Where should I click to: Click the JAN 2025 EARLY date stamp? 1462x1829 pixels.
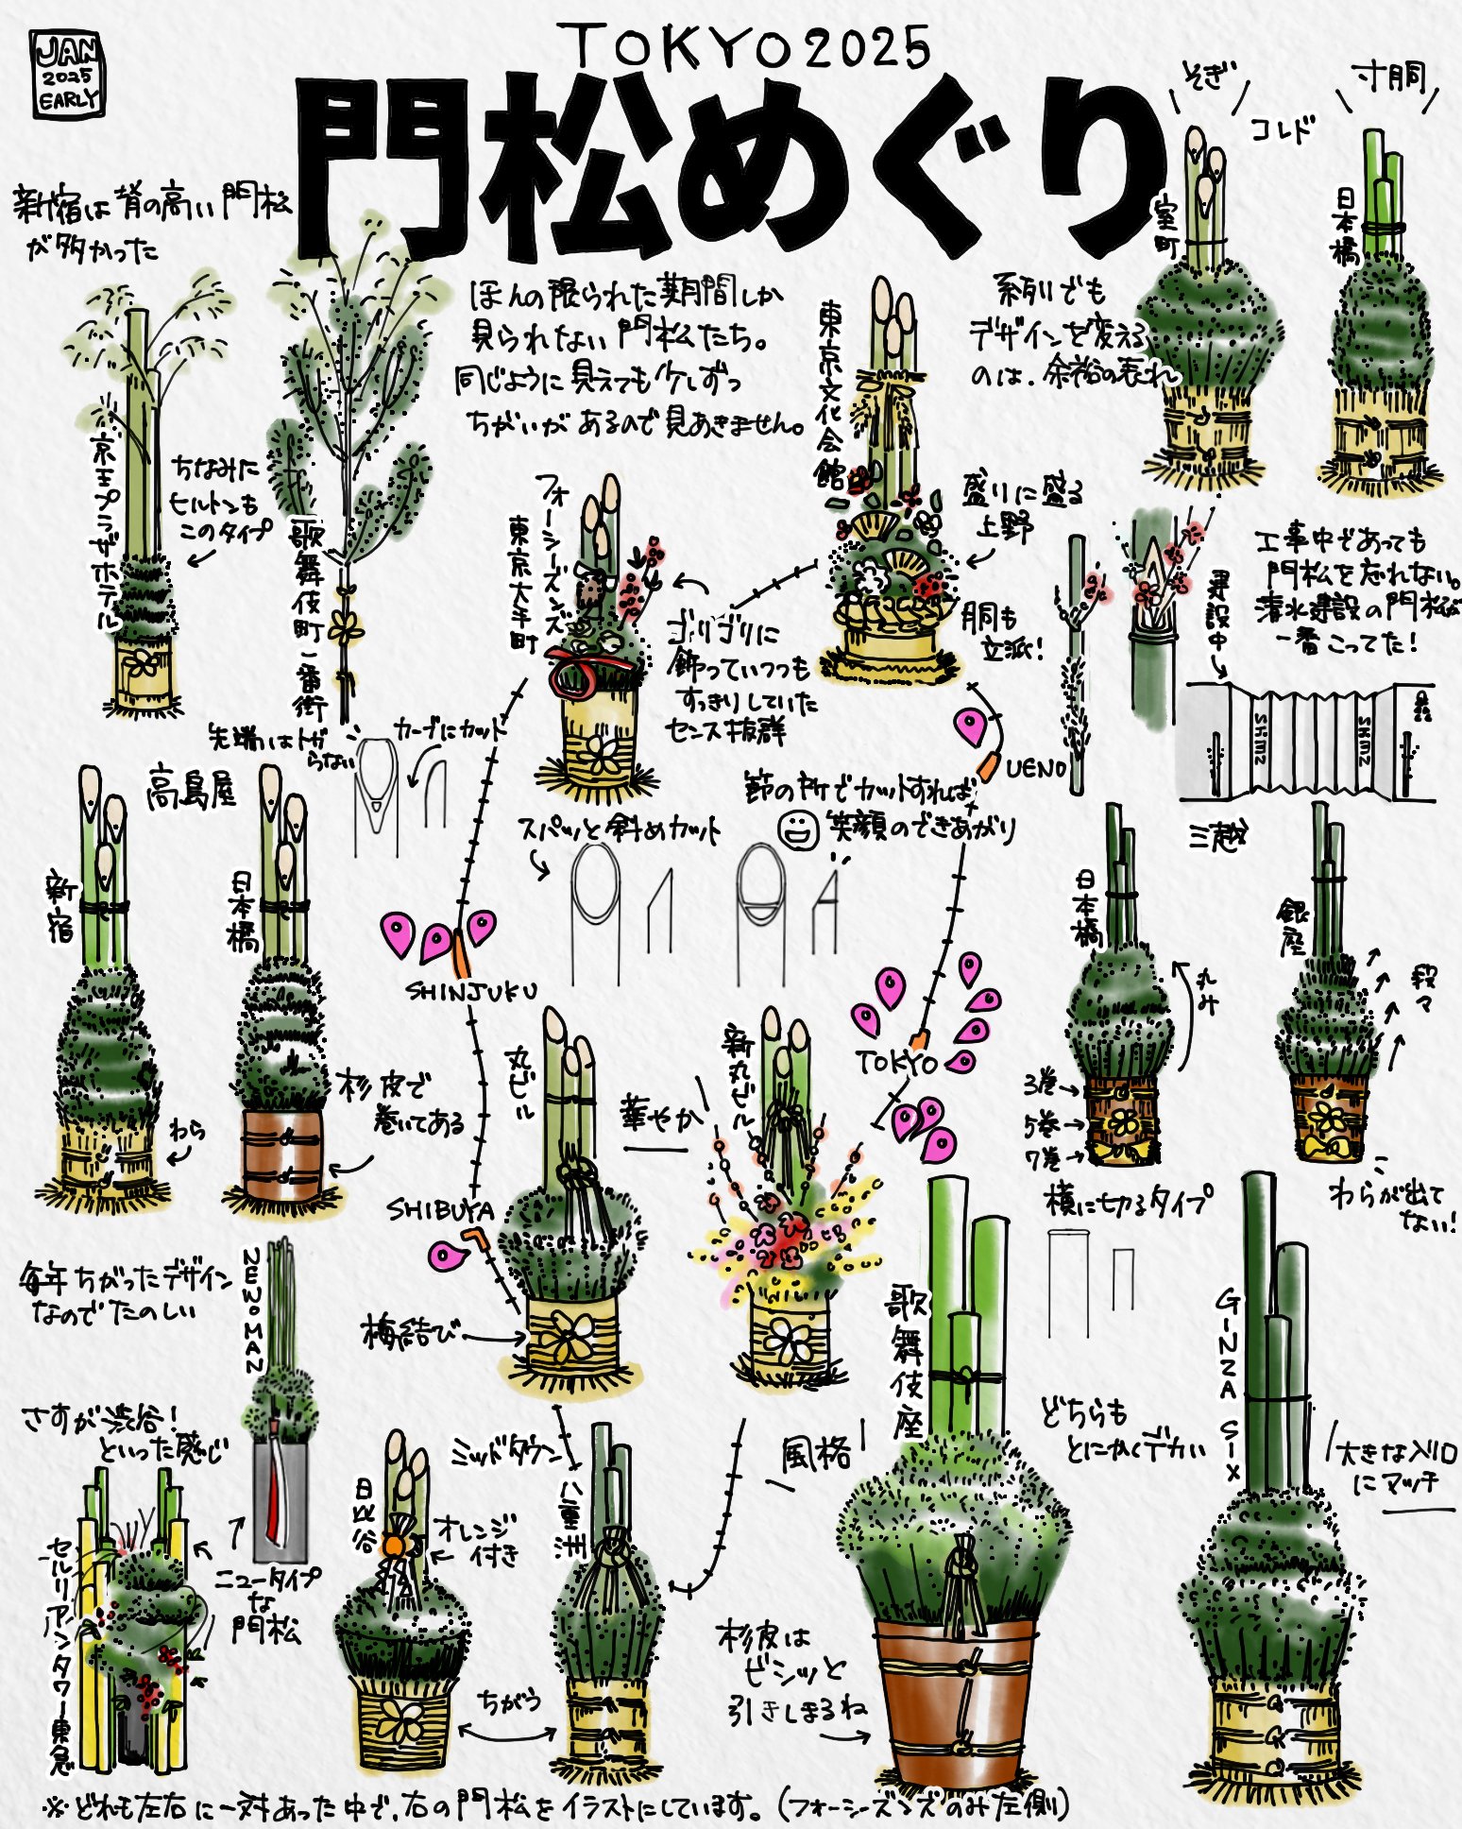[x=67, y=75]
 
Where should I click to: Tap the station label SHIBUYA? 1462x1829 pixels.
[x=441, y=1210]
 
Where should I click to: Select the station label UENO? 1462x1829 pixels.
[x=1035, y=769]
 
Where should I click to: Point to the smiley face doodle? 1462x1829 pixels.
[x=799, y=830]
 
